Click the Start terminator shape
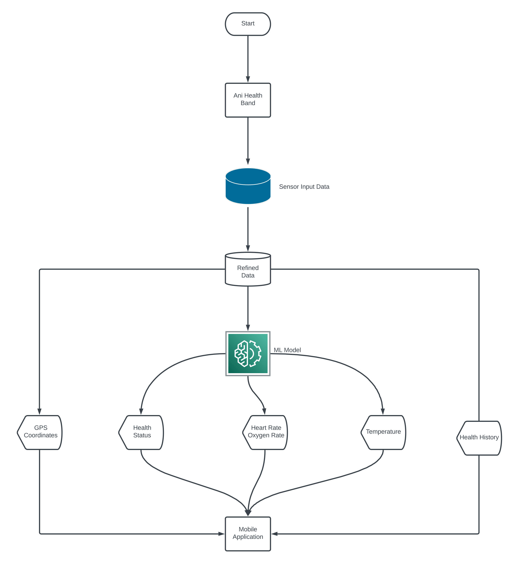[x=248, y=24]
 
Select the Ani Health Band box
[x=248, y=100]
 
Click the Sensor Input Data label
[x=304, y=187]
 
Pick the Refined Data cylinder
[x=248, y=270]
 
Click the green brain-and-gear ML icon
[x=248, y=353]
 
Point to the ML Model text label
[x=287, y=350]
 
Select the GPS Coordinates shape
[x=40, y=432]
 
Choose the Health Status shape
[x=141, y=432]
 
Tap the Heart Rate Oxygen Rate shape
[x=265, y=432]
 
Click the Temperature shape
[x=383, y=432]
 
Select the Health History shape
[x=479, y=438]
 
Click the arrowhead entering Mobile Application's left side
[x=221, y=534]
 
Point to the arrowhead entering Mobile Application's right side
[x=275, y=534]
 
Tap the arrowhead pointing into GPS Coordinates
[x=39, y=412]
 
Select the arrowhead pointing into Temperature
[x=383, y=412]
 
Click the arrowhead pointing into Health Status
[x=141, y=412]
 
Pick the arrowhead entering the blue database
[x=248, y=161]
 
